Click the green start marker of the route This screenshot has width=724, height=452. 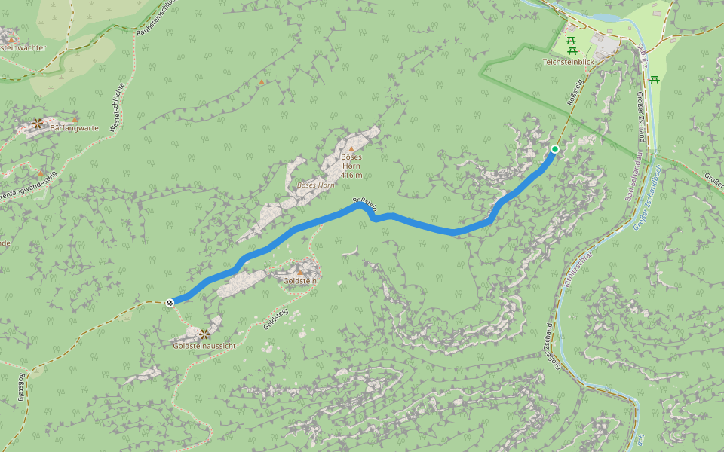point(555,149)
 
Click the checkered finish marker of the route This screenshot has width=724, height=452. point(170,303)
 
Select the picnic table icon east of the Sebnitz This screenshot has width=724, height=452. point(655,80)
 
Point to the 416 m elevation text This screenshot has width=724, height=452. point(351,175)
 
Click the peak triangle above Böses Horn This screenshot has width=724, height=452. point(351,149)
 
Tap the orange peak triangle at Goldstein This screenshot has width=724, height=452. point(299,272)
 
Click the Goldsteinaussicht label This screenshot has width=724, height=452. point(204,346)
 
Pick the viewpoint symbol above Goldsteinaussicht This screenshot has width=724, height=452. point(204,333)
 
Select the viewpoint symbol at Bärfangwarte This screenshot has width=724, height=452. point(37,123)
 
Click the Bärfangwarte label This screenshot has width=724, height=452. point(74,128)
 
